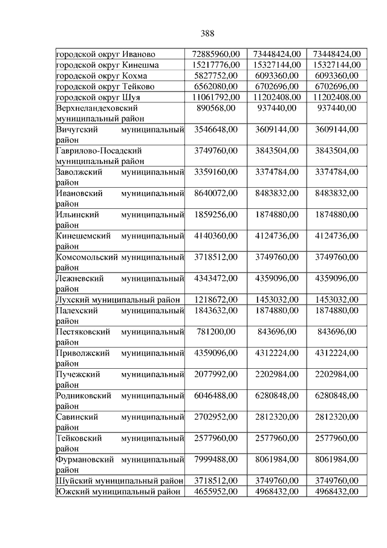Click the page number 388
point(206,33)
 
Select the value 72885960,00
point(216,54)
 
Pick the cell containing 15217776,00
point(216,65)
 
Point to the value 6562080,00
point(216,87)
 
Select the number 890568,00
point(216,108)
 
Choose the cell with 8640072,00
point(216,193)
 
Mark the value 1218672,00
point(216,300)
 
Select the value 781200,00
point(216,332)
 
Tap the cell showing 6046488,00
point(216,395)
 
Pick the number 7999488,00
point(216,459)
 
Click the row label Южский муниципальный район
point(119,492)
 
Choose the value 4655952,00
point(216,492)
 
